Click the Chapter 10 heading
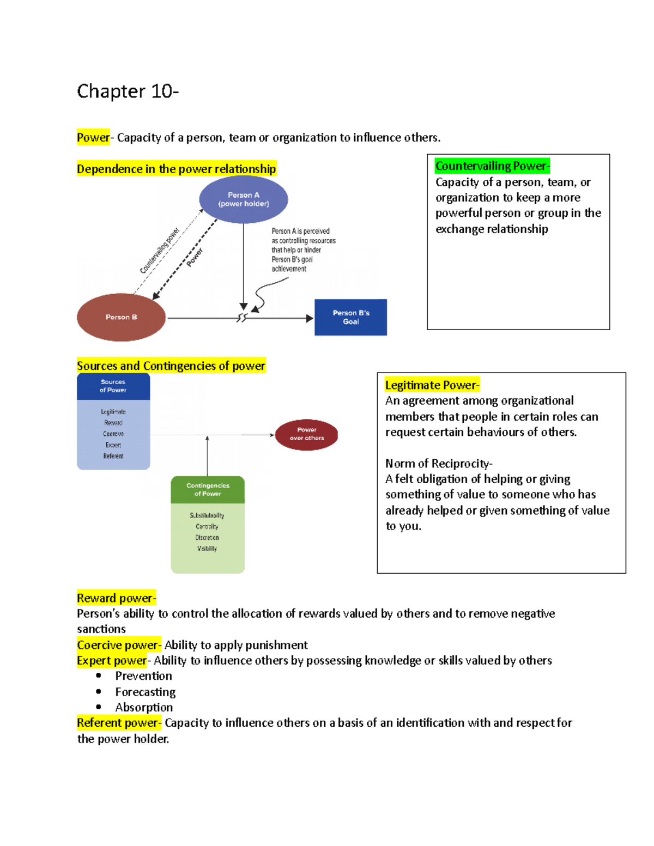coord(128,91)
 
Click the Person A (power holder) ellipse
coord(244,199)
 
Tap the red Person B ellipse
coord(121,317)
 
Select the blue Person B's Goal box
coord(350,317)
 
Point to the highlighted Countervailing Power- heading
coord(492,166)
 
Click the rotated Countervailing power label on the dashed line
coord(159,251)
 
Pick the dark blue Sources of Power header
coord(113,386)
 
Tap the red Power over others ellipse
coord(306,434)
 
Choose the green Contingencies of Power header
coord(208,490)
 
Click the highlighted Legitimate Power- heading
coord(432,385)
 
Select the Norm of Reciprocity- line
coord(439,464)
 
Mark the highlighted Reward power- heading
coord(116,598)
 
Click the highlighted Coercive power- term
coord(119,645)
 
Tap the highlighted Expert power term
coord(112,660)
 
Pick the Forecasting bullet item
coord(145,692)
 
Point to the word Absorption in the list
coord(144,707)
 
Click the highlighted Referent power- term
coord(119,723)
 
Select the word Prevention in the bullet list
coord(143,676)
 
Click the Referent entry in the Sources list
coord(113,456)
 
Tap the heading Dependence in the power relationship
coord(176,169)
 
